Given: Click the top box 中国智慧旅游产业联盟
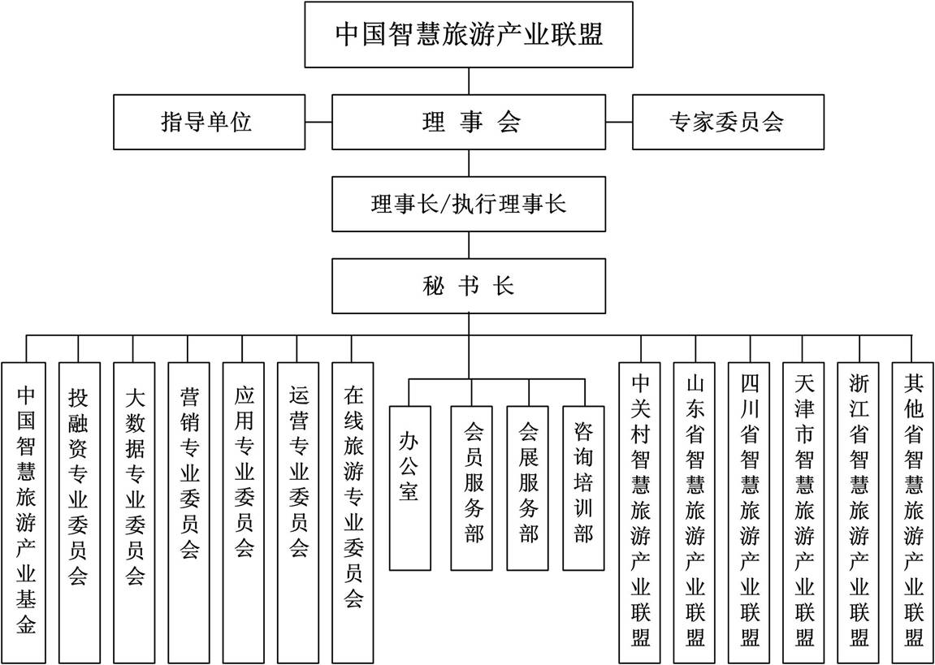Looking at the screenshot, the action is point(469,35).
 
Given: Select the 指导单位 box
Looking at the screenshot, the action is point(210,122).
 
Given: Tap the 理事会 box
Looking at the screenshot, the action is point(469,122).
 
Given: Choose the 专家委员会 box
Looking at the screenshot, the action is point(728,122).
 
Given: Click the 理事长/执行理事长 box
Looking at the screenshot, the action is point(469,204).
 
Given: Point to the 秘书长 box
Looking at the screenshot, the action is point(469,286).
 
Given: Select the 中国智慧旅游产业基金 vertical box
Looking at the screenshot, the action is point(24,512).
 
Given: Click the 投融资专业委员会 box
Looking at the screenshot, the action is point(79,512).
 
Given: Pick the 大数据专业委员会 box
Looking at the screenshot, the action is point(133,512).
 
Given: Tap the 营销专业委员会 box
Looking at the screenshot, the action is point(188,512).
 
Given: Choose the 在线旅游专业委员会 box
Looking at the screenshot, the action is point(353,512).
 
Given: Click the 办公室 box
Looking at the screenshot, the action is point(409,488).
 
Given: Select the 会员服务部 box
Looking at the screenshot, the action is point(472,488).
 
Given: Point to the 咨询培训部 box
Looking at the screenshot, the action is point(584,488).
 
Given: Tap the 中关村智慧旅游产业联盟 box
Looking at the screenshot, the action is point(640,512).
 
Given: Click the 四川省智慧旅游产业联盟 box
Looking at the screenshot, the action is point(750,512).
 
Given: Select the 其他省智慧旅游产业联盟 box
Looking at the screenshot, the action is point(913,512).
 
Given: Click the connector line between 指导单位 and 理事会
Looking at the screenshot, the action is point(318,122).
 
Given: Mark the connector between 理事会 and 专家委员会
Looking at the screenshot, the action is point(619,122).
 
